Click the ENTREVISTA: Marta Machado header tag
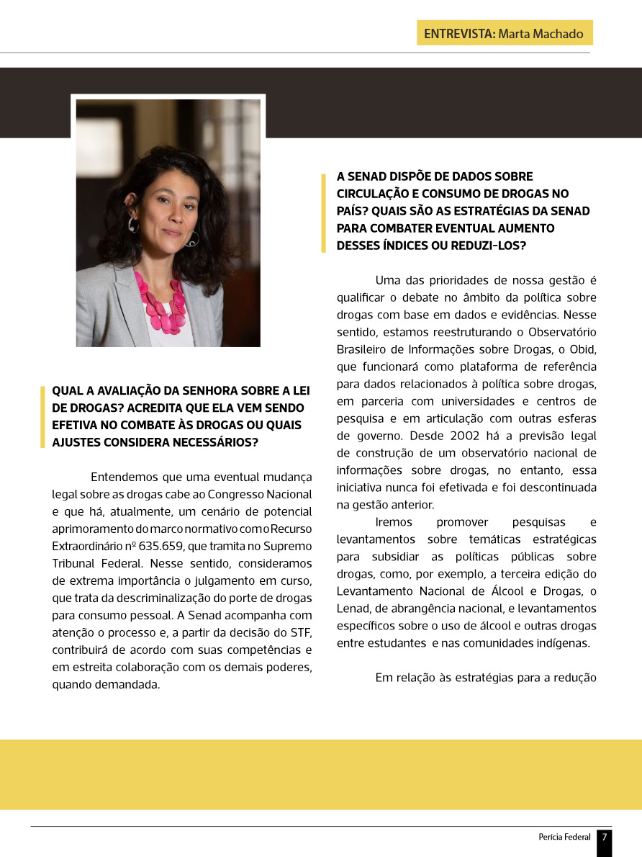[505, 33]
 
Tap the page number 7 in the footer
[605, 837]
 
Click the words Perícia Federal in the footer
[564, 837]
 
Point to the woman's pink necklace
[163, 302]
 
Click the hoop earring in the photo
[191, 239]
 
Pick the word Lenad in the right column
[353, 609]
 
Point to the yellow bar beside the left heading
[42, 417]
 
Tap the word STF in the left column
[301, 632]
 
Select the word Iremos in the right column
[392, 522]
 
